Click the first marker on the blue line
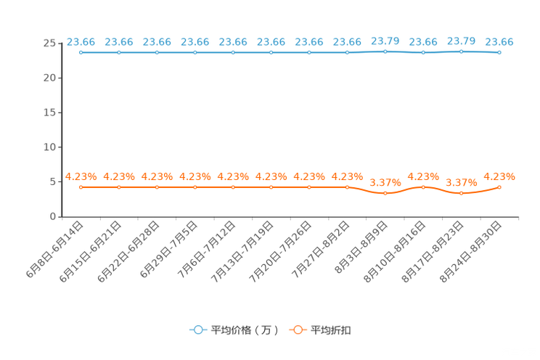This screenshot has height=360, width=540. click(x=81, y=52)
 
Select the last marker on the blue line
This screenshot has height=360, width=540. click(x=499, y=52)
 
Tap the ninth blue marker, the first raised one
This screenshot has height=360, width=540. click(x=385, y=51)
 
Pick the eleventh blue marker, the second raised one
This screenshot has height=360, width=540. click(x=462, y=51)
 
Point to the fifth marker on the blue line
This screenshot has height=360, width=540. click(x=233, y=52)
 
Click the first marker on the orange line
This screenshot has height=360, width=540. click(x=81, y=187)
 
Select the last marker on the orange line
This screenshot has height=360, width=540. click(x=499, y=187)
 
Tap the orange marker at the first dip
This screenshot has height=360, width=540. click(x=385, y=194)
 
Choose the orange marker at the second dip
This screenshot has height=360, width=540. click(x=462, y=194)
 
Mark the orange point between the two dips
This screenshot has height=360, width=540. click(x=424, y=187)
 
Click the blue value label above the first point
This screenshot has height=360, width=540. click(x=81, y=41)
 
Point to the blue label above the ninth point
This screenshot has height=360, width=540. click(x=385, y=39)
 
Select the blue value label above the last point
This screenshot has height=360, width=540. click(x=499, y=41)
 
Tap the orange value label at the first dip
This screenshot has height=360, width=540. click(x=385, y=183)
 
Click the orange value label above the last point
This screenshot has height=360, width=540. click(x=499, y=176)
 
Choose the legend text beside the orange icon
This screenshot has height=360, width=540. click(x=332, y=330)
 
